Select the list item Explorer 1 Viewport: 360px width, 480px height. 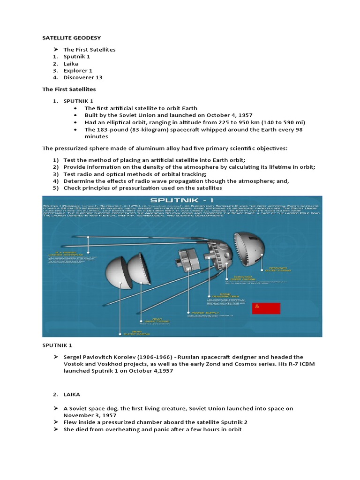pos(78,70)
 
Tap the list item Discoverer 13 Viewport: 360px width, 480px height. pos(83,77)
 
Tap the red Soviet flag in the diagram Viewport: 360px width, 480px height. pos(266,308)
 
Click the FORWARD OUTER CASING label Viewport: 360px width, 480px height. pos(278,270)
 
